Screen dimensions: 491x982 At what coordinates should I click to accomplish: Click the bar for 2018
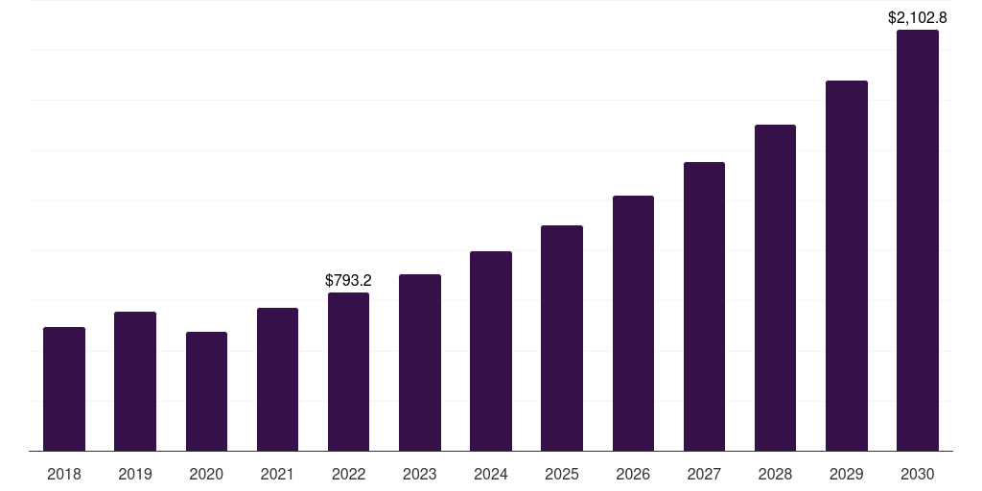[64, 388]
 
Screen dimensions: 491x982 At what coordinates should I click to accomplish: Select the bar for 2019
[135, 381]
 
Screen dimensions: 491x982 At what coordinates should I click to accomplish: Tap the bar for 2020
[206, 391]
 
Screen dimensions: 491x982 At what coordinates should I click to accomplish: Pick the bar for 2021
[277, 379]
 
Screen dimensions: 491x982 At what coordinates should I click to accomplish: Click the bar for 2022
[348, 371]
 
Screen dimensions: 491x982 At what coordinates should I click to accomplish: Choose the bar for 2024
[491, 351]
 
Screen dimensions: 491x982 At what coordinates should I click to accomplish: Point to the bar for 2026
[633, 323]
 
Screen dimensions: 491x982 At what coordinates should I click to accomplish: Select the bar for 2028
[775, 288]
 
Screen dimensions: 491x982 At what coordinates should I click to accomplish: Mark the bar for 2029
[847, 266]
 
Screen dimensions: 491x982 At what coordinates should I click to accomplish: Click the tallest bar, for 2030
[918, 240]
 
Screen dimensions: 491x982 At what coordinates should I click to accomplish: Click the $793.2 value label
[348, 281]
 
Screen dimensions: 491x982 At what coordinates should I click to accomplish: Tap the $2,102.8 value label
[918, 17]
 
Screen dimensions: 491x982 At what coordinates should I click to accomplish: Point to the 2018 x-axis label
[64, 474]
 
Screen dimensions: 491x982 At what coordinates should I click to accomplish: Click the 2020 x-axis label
[206, 474]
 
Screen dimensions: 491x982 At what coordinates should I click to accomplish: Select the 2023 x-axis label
[420, 474]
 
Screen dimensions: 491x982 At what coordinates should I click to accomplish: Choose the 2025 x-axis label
[562, 474]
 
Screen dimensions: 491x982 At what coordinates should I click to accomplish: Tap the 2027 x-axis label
[704, 474]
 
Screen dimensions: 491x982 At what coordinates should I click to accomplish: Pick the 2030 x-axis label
[918, 474]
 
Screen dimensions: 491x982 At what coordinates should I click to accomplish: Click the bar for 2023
[420, 362]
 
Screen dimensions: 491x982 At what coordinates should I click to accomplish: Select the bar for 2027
[704, 306]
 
